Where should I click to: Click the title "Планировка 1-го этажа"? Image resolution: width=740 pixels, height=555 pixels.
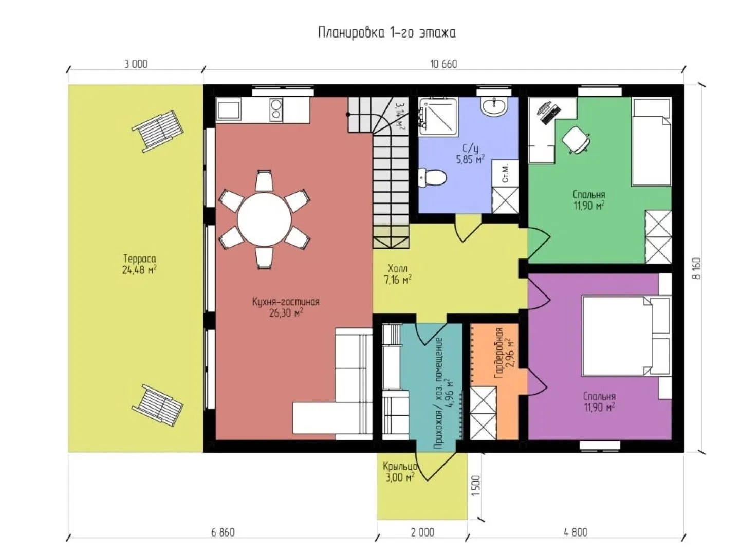click(x=386, y=33)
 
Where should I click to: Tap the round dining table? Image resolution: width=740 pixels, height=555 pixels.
click(x=264, y=219)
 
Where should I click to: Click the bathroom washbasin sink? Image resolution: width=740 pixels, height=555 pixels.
click(x=493, y=106)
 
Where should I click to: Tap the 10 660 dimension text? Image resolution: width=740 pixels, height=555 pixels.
click(x=443, y=64)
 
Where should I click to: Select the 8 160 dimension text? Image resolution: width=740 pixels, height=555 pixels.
click(x=697, y=268)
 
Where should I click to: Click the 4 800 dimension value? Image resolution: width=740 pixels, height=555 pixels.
click(x=576, y=532)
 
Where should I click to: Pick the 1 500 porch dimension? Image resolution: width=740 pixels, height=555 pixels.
click(x=476, y=486)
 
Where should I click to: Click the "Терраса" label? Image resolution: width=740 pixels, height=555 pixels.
click(x=140, y=259)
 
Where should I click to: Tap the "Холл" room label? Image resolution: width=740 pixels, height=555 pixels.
click(x=397, y=268)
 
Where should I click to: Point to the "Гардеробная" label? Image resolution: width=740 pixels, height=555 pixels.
click(x=499, y=353)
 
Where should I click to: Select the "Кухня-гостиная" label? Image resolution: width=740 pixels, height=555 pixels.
click(x=286, y=302)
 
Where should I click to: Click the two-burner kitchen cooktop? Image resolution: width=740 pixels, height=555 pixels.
click(x=276, y=109)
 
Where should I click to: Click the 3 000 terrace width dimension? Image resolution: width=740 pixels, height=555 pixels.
click(x=136, y=64)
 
